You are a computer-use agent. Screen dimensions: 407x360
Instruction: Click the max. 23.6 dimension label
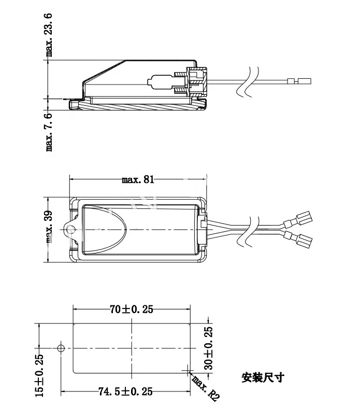point(50,35)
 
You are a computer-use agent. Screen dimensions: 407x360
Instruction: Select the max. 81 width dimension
point(138,180)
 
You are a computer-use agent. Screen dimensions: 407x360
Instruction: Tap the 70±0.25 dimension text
point(132,309)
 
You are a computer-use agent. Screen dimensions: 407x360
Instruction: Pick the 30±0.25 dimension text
point(209,348)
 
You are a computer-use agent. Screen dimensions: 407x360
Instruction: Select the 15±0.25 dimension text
point(39,375)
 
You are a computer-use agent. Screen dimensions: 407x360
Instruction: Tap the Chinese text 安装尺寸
point(263,377)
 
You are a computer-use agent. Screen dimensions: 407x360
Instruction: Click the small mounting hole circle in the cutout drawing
point(61,348)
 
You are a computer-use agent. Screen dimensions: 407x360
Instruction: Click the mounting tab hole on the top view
point(70,227)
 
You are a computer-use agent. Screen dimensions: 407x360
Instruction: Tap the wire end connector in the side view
point(299,80)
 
